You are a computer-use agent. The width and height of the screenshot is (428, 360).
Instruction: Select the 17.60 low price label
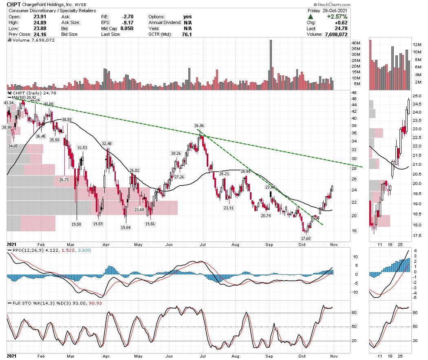[306, 238]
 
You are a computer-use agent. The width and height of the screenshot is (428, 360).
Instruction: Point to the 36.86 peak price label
[199, 126]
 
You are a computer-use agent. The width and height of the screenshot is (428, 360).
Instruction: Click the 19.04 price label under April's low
[125, 228]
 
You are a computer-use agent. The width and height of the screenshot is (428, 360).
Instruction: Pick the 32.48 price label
[107, 144]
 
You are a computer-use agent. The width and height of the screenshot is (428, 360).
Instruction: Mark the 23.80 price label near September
[270, 187]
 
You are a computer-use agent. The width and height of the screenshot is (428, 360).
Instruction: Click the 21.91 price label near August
[229, 208]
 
